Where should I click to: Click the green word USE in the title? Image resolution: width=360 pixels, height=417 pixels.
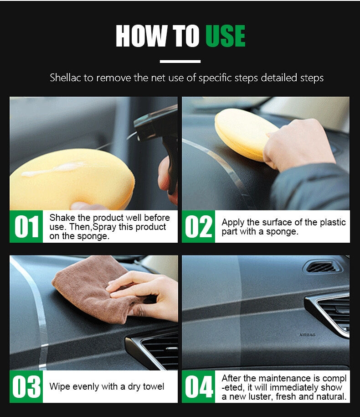(225, 36)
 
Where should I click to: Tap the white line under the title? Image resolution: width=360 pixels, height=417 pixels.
(180, 62)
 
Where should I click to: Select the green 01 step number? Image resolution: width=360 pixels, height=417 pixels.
(26, 226)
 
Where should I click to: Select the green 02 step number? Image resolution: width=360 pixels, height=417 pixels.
(199, 226)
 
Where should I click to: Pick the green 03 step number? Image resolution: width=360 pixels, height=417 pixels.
(26, 386)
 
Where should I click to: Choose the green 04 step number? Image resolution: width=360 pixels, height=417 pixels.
(199, 386)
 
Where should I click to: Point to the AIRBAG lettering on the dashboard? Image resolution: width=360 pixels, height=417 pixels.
(308, 334)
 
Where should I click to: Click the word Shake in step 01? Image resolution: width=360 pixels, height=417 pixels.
(62, 218)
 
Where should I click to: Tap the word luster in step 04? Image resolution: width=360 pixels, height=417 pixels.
(259, 396)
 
